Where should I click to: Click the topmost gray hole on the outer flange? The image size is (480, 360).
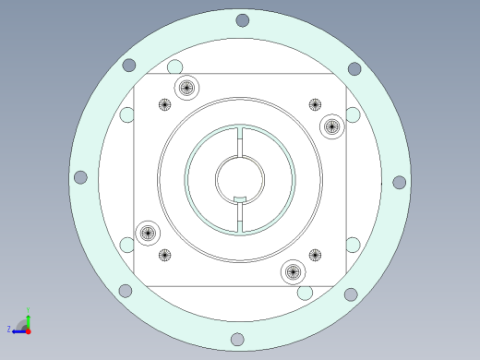(x=242, y=20)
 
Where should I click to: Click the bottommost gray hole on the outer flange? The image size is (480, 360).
(x=237, y=340)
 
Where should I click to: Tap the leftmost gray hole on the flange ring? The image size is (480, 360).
(x=80, y=177)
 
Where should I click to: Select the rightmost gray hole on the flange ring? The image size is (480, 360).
(x=399, y=183)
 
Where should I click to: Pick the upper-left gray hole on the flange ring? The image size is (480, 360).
(x=129, y=66)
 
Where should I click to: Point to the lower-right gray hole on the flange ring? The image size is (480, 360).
(x=351, y=294)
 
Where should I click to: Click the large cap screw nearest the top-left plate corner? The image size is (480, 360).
(x=186, y=88)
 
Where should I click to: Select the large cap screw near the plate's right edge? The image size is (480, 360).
(x=331, y=126)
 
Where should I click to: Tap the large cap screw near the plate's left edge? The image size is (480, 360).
(x=147, y=233)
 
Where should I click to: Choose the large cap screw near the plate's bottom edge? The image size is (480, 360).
(x=293, y=271)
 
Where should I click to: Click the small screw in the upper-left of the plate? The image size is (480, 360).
(x=165, y=104)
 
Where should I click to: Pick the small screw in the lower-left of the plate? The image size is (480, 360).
(x=164, y=255)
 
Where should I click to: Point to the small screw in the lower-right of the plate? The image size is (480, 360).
(x=315, y=255)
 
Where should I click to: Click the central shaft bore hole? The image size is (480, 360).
(x=239, y=178)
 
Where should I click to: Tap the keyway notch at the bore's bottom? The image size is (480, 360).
(x=240, y=200)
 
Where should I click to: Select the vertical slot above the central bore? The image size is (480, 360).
(x=240, y=141)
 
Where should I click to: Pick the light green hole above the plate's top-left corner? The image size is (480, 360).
(x=174, y=66)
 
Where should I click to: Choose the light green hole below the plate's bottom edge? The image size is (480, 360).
(x=305, y=293)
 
